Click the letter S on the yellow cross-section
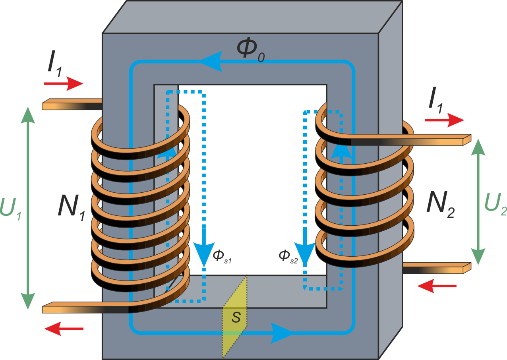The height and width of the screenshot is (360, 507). (x=236, y=317)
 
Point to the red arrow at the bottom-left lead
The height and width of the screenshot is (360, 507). (x=64, y=329)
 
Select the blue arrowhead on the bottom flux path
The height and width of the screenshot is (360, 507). (x=282, y=332)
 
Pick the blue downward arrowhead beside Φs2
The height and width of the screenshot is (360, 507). (x=305, y=254)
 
